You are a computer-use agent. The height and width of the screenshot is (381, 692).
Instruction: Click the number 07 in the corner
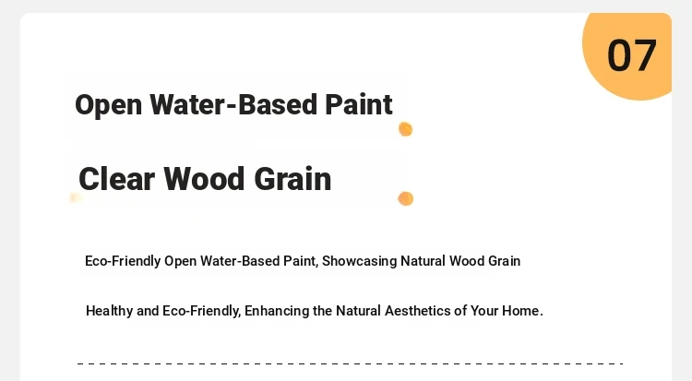[631, 55]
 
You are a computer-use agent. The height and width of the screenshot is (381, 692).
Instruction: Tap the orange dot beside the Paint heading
[406, 129]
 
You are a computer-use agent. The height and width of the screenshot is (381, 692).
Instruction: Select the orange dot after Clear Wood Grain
[406, 198]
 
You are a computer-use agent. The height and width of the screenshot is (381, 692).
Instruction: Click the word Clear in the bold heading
[116, 179]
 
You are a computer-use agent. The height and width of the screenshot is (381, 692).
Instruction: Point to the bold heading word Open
[109, 106]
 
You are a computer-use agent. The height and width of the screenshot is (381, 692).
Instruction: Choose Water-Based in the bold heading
[233, 104]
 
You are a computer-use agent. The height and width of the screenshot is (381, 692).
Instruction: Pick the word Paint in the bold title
[358, 104]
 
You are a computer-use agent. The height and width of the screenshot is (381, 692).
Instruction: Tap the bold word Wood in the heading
[204, 179]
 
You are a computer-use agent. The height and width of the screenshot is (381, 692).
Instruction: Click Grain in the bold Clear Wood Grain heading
[292, 179]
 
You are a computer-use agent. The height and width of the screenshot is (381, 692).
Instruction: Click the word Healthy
[109, 311]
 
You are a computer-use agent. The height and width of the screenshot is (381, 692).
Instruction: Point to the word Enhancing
[277, 311]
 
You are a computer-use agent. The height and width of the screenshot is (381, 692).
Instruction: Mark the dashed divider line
[350, 363]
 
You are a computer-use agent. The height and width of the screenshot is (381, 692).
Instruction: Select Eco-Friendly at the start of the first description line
[123, 261]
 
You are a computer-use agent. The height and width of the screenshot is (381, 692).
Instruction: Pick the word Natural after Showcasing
[423, 261]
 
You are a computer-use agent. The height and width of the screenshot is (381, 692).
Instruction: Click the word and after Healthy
[148, 311]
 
